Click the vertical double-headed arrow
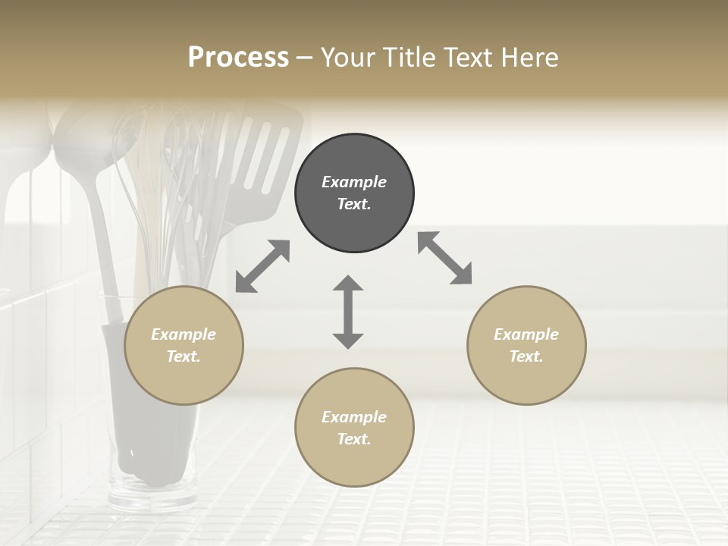tap(348, 312)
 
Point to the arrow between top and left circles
tap(262, 266)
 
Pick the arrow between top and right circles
tap(444, 258)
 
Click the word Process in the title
tap(238, 57)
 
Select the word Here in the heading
tap(529, 57)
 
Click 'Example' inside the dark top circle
tap(354, 182)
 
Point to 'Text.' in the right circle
tap(526, 356)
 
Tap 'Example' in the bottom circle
tap(354, 417)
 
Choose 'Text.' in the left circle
tap(184, 356)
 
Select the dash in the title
tap(304, 57)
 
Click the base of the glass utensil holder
tap(152, 497)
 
